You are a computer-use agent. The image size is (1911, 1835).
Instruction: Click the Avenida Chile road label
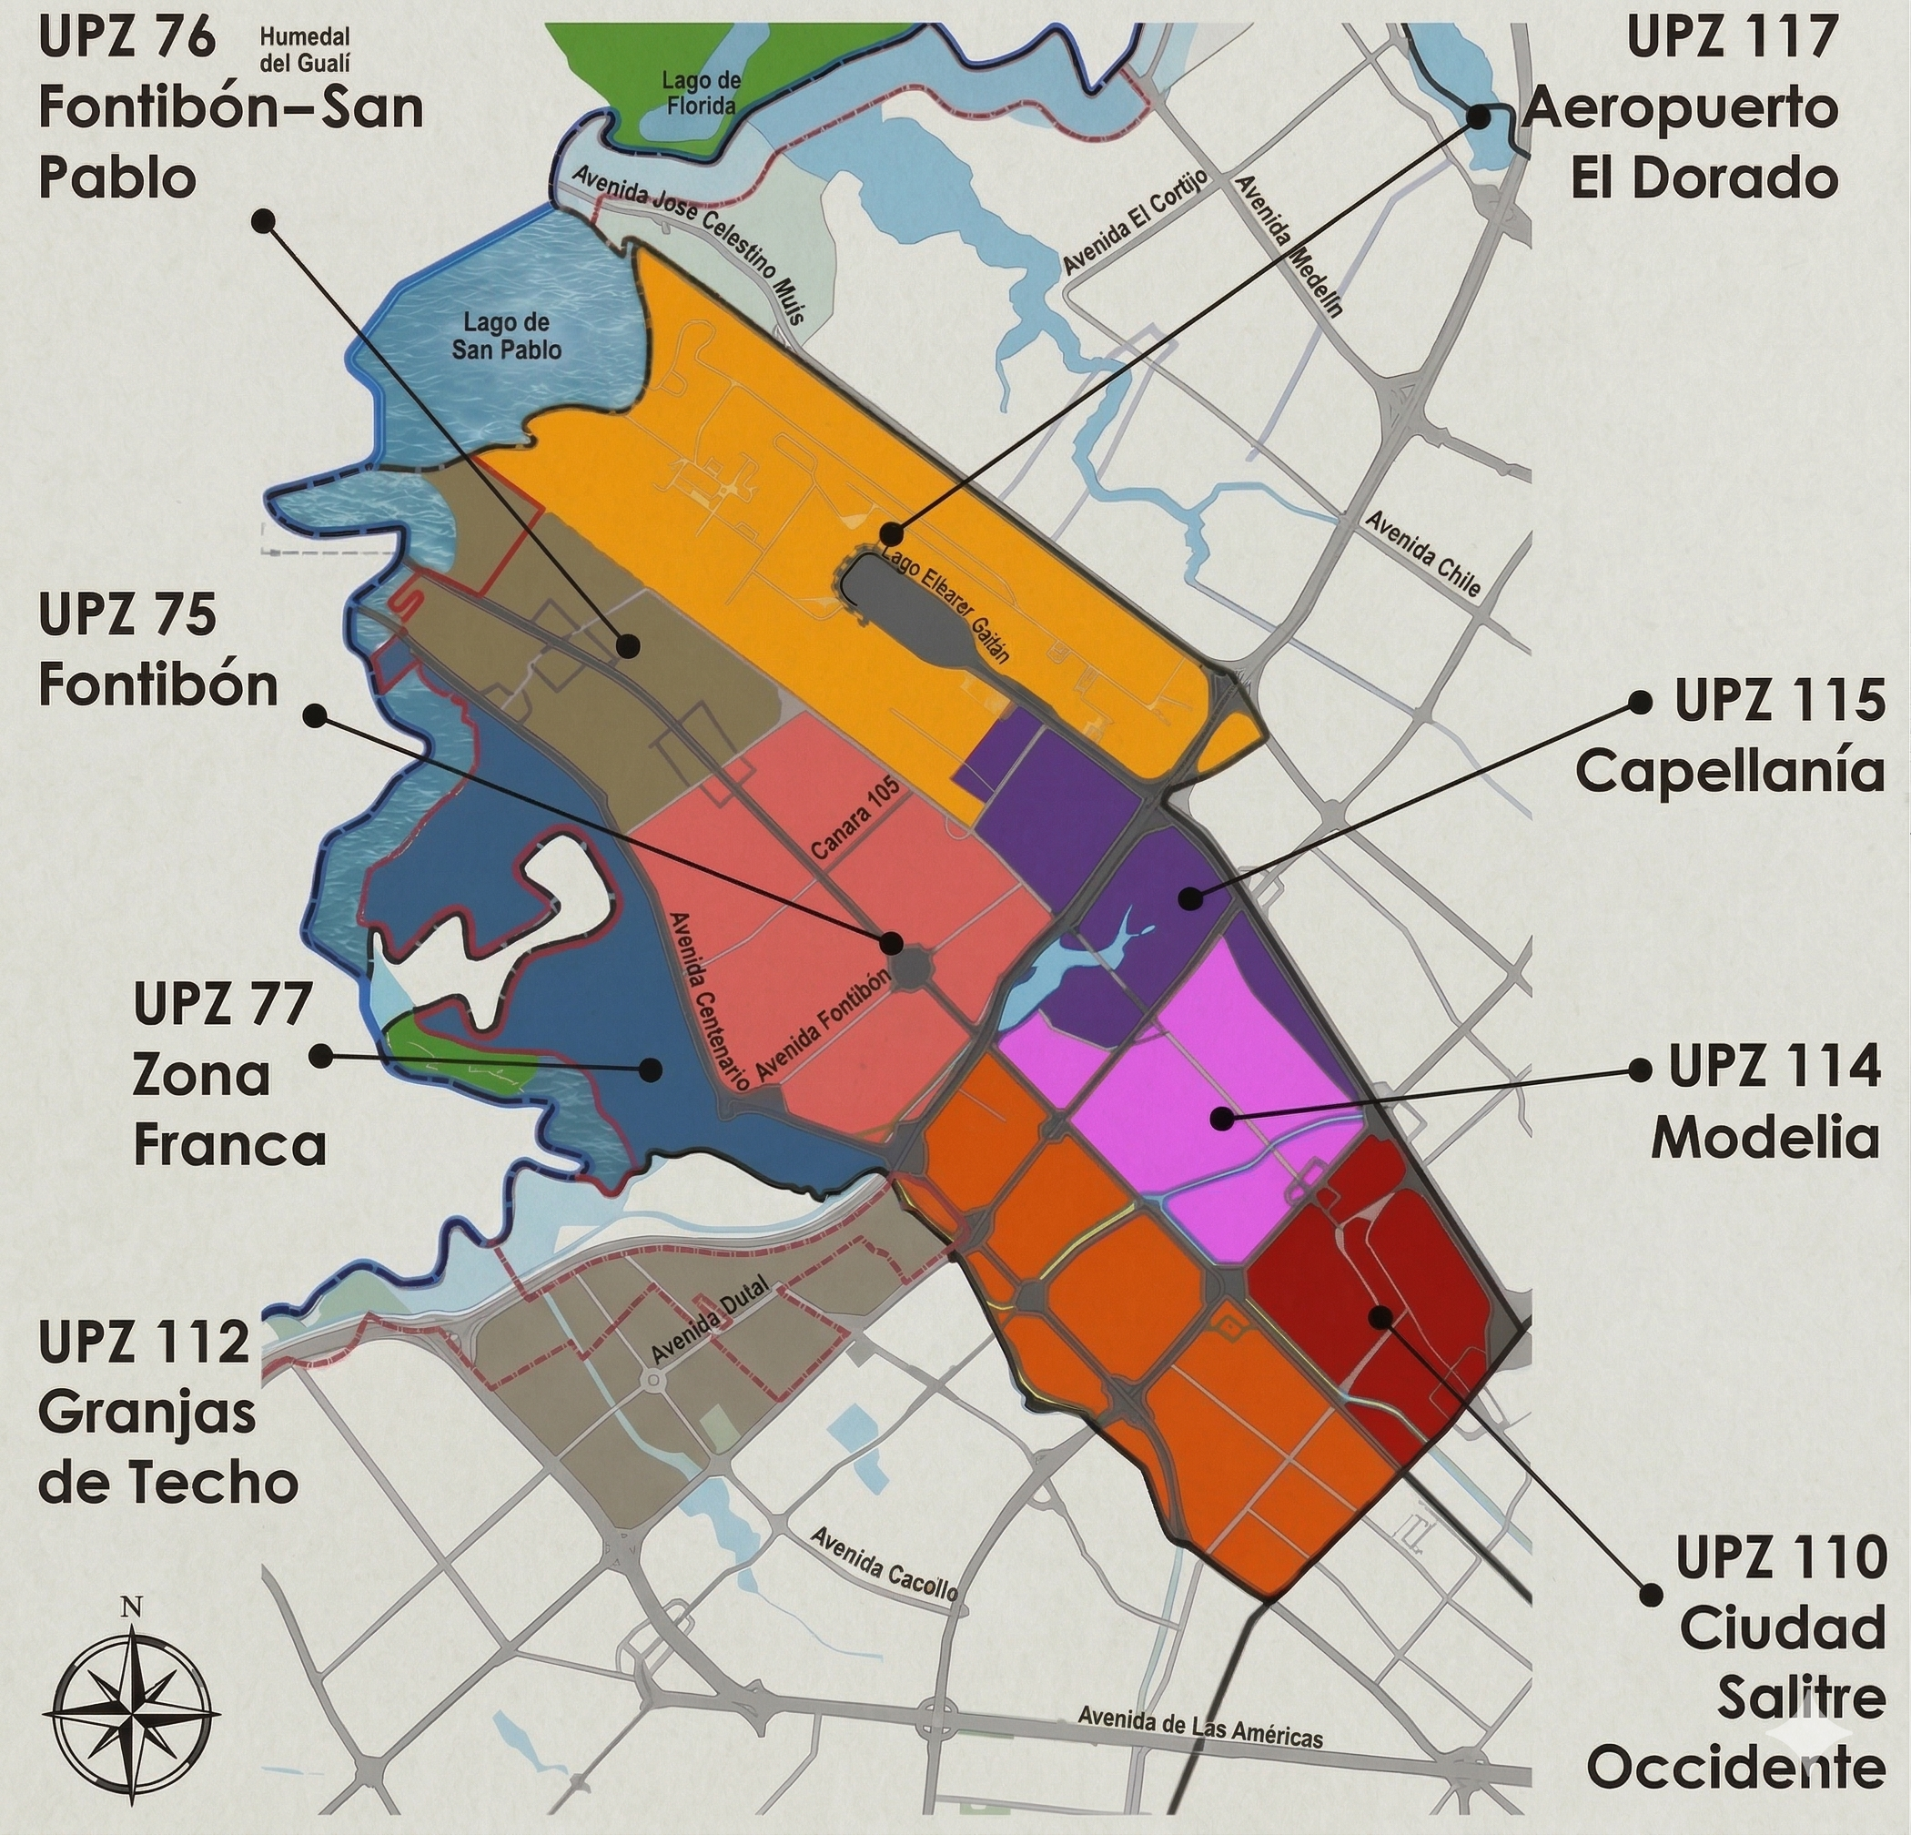pos(1422,553)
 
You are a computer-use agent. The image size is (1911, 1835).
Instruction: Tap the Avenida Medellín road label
pos(1288,245)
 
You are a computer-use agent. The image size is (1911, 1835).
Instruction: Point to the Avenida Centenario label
pos(709,999)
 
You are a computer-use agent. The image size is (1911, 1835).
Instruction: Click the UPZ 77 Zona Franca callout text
pos(228,1076)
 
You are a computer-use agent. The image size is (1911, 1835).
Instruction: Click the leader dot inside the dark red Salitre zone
pos(1379,1317)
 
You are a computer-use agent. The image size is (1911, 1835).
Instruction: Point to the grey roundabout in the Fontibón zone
pos(913,969)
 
